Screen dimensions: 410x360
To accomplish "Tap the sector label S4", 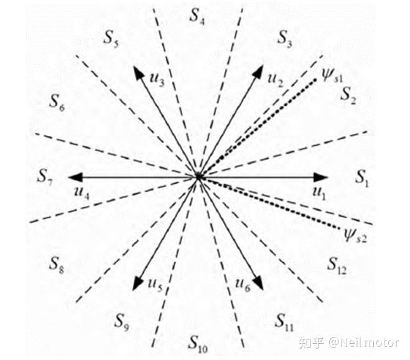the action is pyautogui.click(x=197, y=16).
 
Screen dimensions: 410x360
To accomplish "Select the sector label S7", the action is pyautogui.click(x=45, y=177).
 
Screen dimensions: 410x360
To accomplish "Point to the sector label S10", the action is pyautogui.click(x=198, y=344).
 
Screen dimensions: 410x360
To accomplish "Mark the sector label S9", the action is pyautogui.click(x=121, y=322).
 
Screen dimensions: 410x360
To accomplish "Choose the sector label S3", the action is pyautogui.click(x=285, y=39).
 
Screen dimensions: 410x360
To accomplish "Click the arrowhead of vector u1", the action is pyautogui.click(x=321, y=178).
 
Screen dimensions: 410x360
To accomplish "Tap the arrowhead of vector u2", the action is pyautogui.click(x=258, y=72).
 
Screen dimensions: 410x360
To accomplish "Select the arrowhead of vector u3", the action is pyautogui.click(x=139, y=72).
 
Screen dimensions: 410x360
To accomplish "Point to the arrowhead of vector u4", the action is pyautogui.click(x=75, y=178).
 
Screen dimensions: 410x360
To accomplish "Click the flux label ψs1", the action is pyautogui.click(x=332, y=76).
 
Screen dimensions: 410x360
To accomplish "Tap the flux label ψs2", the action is pyautogui.click(x=355, y=235).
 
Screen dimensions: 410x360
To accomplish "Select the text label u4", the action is pyautogui.click(x=82, y=193).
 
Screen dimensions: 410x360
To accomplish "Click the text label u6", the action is pyautogui.click(x=243, y=285).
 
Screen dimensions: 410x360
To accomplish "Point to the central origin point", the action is pyautogui.click(x=198, y=177).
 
